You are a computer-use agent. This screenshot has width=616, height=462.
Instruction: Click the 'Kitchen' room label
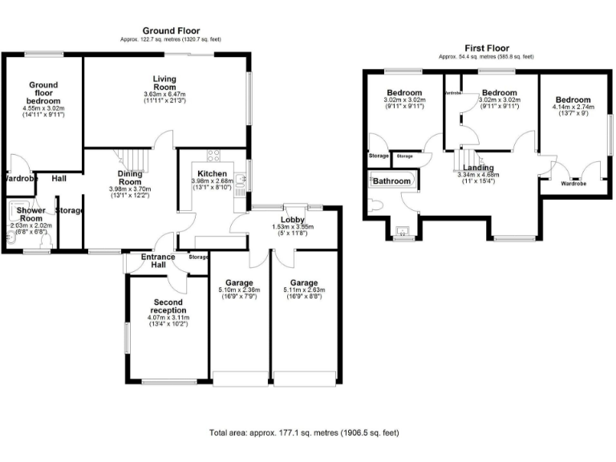pos(211,173)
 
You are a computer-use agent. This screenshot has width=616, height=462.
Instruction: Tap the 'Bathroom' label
pos(391,182)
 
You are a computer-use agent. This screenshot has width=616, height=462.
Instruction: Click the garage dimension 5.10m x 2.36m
pos(239,292)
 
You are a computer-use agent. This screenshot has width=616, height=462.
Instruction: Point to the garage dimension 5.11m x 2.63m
pos(304,292)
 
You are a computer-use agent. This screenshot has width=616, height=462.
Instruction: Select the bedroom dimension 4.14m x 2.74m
pos(571,107)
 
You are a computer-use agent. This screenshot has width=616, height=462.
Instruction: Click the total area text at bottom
pos(304,433)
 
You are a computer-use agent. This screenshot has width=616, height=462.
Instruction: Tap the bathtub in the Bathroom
pos(391,181)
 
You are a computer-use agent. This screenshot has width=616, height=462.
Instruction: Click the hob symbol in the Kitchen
pos(215,156)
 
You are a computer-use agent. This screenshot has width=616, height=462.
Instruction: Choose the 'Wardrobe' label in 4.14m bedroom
pos(573,184)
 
